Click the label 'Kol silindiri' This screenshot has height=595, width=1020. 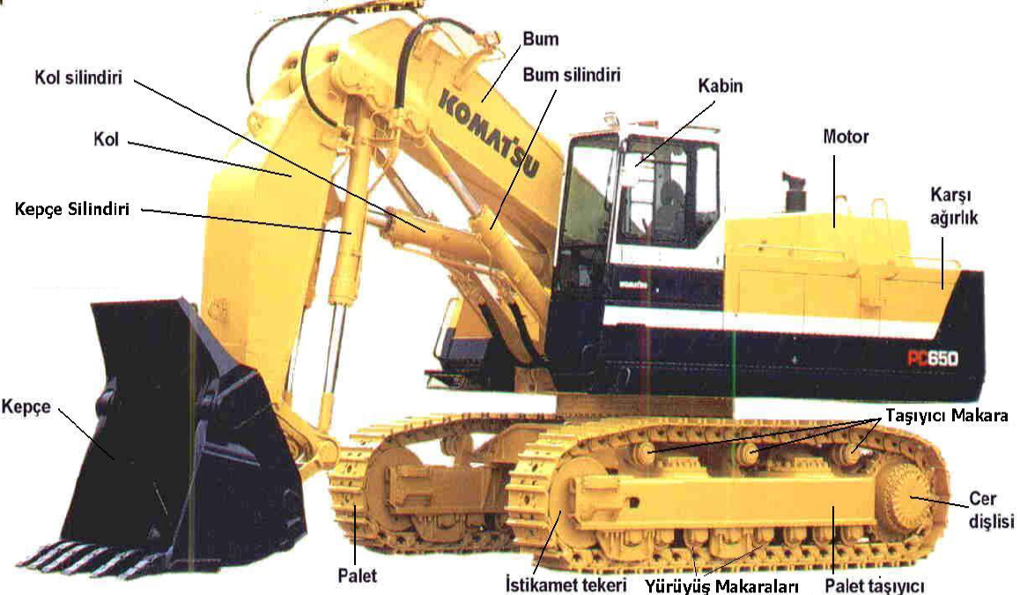[78, 78]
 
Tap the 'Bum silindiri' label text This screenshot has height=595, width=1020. [571, 75]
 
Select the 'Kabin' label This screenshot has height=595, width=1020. [721, 86]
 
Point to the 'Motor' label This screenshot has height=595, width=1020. [846, 137]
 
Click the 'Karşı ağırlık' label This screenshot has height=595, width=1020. [953, 206]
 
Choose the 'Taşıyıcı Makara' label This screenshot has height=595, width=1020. [947, 416]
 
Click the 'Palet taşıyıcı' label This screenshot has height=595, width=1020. [874, 585]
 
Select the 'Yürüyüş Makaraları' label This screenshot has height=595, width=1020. [721, 585]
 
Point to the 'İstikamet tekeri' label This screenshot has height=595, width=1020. [566, 584]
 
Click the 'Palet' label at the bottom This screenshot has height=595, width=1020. [357, 576]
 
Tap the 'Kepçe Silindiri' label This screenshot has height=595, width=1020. [71, 210]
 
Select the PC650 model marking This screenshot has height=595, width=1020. [933, 358]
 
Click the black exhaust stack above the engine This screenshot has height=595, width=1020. [794, 191]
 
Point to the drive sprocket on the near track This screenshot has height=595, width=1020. [906, 498]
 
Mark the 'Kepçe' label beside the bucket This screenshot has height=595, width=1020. [26, 407]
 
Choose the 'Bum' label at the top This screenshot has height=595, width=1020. [541, 39]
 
